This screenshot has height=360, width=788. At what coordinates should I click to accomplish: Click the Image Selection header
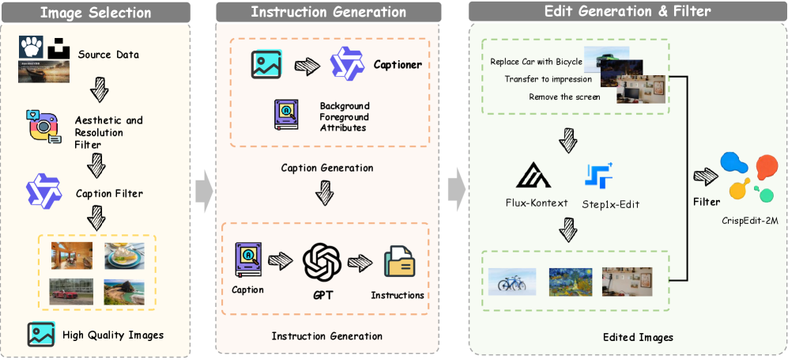tap(96, 12)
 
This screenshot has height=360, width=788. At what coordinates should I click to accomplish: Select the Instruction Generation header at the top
tap(328, 12)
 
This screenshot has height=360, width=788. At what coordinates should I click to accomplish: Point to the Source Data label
tap(108, 55)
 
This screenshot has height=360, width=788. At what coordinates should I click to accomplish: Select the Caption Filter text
tap(110, 192)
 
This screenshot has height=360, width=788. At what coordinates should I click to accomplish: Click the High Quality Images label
tap(113, 335)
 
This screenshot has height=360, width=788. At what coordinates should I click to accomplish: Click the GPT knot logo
tap(326, 265)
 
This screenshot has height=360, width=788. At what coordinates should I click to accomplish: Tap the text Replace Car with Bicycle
tap(536, 61)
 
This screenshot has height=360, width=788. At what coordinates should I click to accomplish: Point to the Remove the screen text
tap(564, 97)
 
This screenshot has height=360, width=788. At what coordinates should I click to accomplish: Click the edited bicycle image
tap(512, 281)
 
